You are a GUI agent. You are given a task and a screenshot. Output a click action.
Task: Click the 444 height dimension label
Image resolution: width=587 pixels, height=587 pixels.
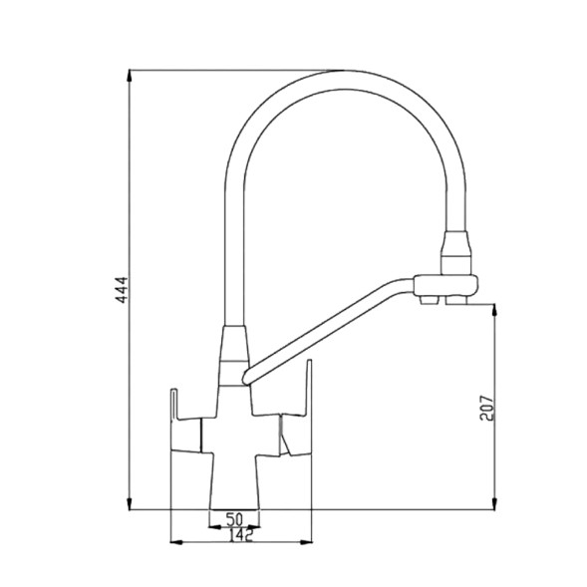122,290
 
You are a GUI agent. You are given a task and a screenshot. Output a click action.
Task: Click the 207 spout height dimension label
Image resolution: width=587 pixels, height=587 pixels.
486,408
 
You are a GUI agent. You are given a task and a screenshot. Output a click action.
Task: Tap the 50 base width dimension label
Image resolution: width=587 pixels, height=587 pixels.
235,519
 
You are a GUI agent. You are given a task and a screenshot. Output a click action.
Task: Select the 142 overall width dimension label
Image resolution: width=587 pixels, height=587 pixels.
241,535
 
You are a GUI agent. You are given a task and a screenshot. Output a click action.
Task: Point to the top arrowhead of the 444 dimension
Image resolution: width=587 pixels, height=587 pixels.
130,76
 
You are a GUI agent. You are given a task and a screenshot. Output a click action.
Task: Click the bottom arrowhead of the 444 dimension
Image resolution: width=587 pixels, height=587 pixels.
130,503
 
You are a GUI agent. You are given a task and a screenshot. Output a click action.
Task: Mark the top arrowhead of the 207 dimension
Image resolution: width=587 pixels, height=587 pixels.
494,310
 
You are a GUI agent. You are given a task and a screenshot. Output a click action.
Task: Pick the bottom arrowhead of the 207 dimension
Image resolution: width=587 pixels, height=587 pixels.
494,503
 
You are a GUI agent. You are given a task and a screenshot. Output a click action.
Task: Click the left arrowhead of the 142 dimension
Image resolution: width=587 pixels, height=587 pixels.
176,542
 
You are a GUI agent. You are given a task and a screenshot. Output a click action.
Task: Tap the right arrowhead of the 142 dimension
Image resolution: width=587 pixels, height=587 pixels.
306,542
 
